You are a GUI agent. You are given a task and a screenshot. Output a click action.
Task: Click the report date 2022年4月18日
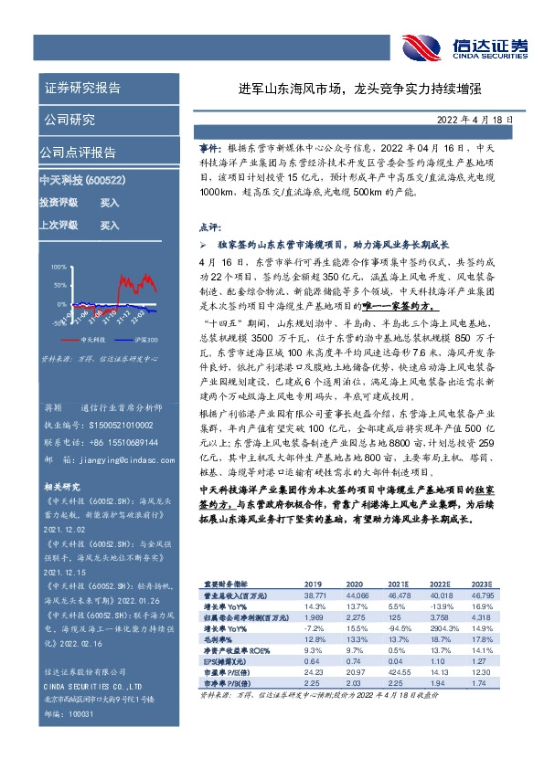(489, 118)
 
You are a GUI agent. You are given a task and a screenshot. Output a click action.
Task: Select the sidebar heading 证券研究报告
(83, 89)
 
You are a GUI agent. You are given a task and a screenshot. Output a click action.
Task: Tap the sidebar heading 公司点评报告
(78, 152)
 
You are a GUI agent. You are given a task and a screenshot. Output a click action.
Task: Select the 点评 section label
(208, 226)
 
